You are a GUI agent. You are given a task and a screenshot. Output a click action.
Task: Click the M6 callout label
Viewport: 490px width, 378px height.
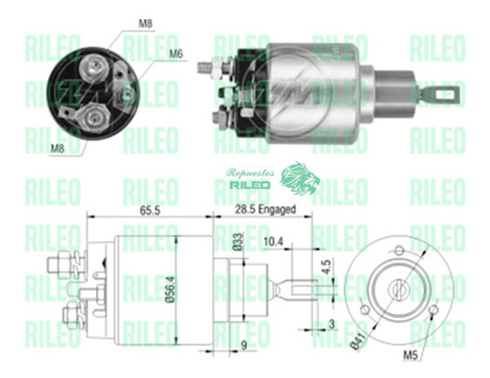[x=176, y=54]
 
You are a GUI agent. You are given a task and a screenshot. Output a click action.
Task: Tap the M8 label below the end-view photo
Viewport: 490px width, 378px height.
[x=57, y=149]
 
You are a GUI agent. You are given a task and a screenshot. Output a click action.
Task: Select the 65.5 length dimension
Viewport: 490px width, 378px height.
[x=150, y=210]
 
